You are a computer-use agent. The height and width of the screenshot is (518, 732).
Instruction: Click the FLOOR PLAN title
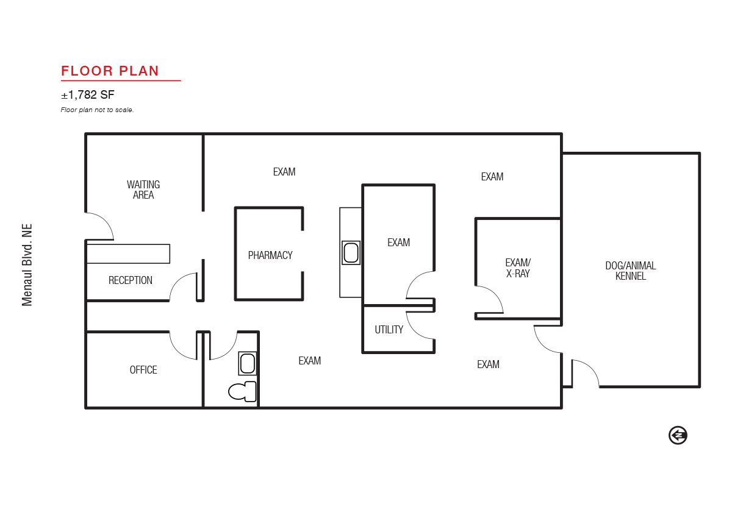point(110,71)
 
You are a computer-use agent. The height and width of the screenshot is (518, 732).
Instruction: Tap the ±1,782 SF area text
point(88,95)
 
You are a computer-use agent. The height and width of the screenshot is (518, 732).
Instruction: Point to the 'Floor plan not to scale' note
point(97,110)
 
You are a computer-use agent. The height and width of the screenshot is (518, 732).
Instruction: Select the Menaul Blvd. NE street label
point(27,264)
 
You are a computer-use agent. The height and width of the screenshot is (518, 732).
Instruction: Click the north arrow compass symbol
point(678,435)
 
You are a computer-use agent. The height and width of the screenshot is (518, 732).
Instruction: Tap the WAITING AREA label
point(143,190)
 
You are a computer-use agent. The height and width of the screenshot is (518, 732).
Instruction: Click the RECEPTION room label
point(131,280)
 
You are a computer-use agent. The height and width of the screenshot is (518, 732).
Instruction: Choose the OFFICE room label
point(143,370)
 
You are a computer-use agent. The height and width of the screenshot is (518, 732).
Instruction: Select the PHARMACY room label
point(270,255)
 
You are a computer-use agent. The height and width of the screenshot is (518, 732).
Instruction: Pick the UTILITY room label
point(389,330)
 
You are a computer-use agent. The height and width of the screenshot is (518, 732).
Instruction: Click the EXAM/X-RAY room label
point(518,268)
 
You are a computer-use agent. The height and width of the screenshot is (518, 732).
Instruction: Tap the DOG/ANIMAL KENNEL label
point(631,271)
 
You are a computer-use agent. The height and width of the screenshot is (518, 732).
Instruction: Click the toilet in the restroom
point(242,392)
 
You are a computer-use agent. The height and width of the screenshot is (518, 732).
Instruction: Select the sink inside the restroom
point(248,363)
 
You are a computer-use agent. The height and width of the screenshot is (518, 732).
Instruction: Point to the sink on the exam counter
point(351,253)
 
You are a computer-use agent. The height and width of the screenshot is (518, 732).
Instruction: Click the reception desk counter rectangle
point(128,254)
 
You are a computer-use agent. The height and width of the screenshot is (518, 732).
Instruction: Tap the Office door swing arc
point(178,352)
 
